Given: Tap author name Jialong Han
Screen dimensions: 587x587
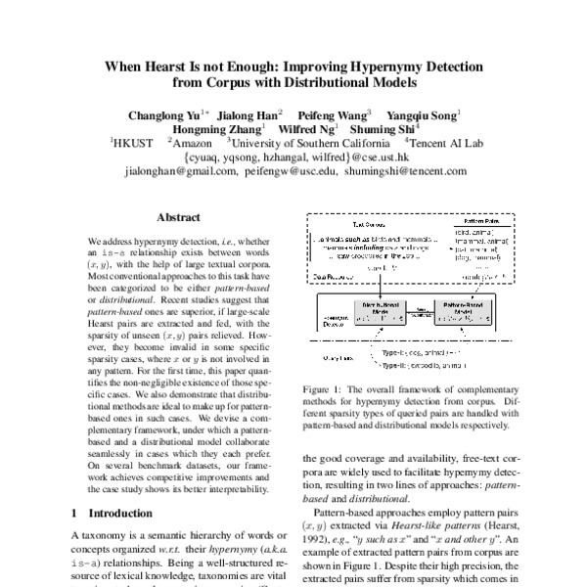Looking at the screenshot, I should (x=248, y=113).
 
